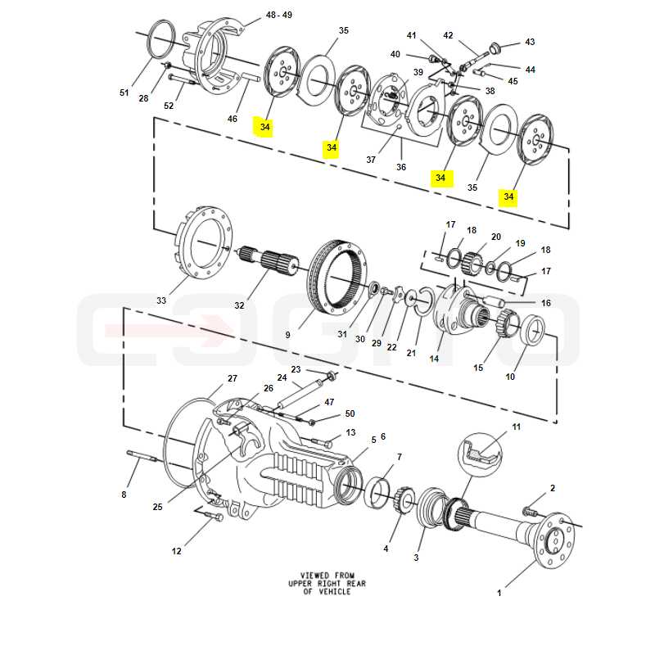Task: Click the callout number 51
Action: (x=124, y=93)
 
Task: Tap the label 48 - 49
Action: (x=279, y=15)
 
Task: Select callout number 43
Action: (x=530, y=42)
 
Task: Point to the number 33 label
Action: (x=161, y=300)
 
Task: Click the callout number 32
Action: (x=239, y=305)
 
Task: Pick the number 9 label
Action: (x=288, y=335)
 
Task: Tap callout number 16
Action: (x=546, y=303)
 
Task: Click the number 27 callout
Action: (x=233, y=378)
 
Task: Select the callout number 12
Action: (x=177, y=551)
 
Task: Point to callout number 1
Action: (x=499, y=593)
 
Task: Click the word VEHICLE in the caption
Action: (x=335, y=592)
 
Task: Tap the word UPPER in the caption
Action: (x=300, y=584)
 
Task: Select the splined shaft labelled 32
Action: (x=270, y=263)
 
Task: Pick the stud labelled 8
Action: (x=142, y=457)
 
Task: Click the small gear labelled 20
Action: (x=472, y=264)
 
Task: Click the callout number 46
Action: (x=233, y=119)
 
